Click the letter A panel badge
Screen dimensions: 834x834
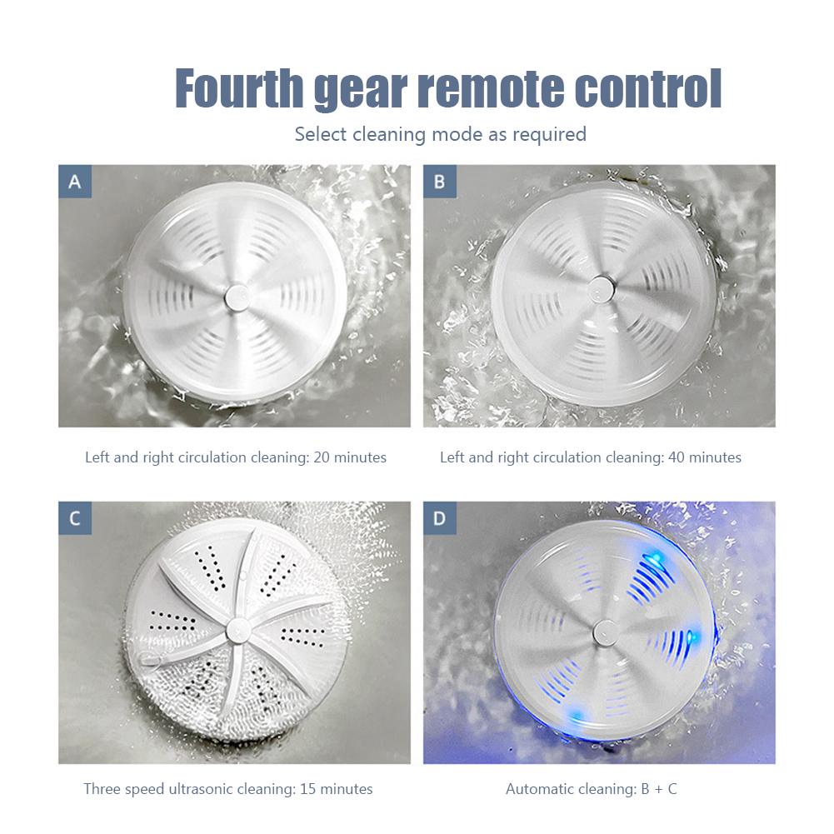[74, 182]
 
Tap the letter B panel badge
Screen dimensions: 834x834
[439, 182]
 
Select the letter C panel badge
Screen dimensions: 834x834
[74, 518]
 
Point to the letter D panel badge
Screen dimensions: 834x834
[439, 518]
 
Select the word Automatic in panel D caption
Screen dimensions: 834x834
[539, 789]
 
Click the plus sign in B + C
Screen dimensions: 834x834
[651, 789]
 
